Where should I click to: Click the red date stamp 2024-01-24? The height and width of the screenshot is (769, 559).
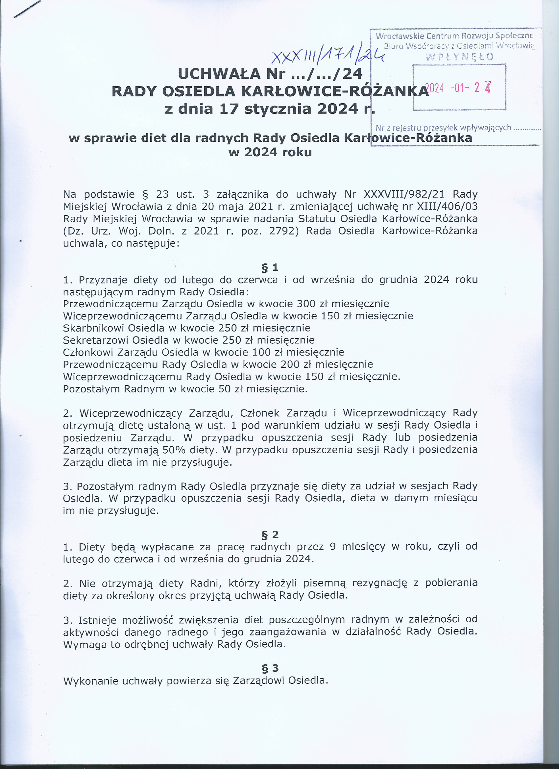coord(458,88)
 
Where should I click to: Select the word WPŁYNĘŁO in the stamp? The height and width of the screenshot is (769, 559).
coord(459,57)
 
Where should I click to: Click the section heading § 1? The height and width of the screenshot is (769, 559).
coord(270,267)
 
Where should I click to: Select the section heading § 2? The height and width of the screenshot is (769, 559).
coord(270,535)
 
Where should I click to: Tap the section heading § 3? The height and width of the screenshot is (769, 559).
coord(270,668)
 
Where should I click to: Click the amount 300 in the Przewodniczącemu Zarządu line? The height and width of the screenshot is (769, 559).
coord(306,304)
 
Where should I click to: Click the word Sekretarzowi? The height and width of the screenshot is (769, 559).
coord(96,340)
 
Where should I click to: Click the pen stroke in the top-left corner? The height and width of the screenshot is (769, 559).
coord(27,9)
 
